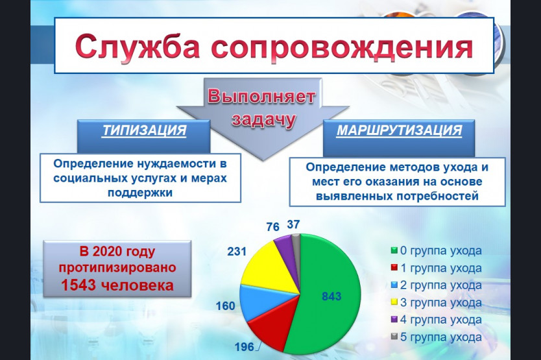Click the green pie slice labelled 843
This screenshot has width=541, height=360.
[328, 293]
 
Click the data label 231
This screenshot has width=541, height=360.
[237, 251]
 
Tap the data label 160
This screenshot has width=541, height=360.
[225, 306]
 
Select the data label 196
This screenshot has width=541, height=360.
[245, 347]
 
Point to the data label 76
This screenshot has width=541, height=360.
[272, 227]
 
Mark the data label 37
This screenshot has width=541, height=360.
[293, 224]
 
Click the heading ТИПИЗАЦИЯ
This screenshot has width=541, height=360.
[144, 130]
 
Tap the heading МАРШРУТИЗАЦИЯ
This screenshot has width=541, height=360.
[399, 130]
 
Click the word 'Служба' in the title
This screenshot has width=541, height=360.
[138, 47]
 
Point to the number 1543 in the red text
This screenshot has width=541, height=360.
[78, 285]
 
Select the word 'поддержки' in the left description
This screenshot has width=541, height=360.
[140, 193]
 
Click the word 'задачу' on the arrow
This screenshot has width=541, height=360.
[264, 120]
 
